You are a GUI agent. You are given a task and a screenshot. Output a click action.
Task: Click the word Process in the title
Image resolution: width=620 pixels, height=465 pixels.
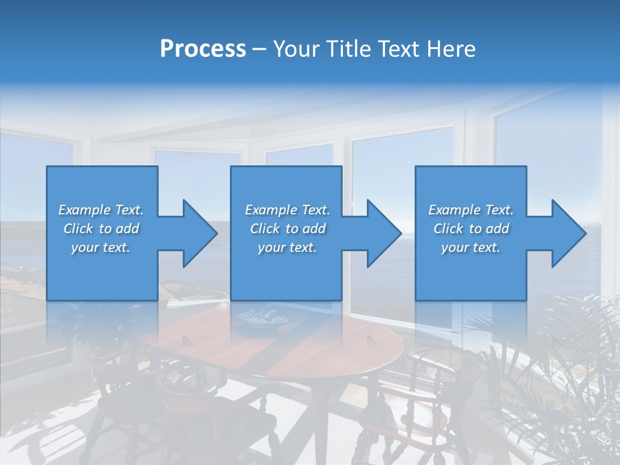click(x=203, y=49)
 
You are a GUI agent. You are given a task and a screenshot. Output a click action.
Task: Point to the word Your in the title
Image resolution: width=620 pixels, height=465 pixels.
click(x=298, y=49)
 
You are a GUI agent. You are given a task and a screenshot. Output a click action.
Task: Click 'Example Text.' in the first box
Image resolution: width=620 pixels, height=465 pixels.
click(x=101, y=210)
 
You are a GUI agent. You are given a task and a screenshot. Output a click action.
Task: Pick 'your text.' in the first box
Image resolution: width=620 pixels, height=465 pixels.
click(x=101, y=247)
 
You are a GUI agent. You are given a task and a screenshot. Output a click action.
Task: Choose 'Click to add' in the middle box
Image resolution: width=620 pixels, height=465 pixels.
click(x=287, y=229)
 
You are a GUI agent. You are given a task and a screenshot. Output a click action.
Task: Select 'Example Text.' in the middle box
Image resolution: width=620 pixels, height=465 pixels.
click(x=287, y=210)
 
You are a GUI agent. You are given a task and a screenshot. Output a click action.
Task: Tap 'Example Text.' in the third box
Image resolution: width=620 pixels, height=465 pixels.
click(x=471, y=210)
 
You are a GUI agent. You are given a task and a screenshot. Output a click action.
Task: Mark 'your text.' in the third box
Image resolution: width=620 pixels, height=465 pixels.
click(x=471, y=247)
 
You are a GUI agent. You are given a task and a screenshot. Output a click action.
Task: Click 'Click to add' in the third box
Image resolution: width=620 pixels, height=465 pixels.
click(x=471, y=229)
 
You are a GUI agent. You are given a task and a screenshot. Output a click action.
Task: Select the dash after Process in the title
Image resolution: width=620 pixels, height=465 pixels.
click(x=260, y=49)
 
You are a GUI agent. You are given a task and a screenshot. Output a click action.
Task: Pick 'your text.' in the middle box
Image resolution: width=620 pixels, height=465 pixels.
click(x=287, y=247)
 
